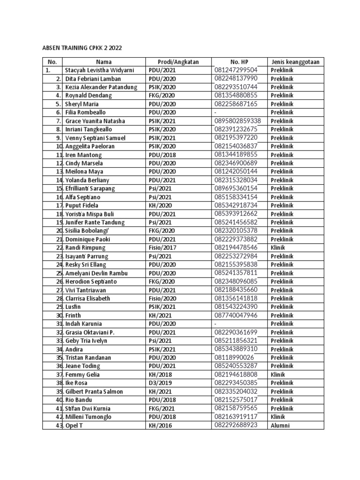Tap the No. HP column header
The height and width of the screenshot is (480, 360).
pos(239,61)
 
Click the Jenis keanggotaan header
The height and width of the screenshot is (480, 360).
pos(296,61)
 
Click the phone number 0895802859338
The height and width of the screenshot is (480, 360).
pos(238,121)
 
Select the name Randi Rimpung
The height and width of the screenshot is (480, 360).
pos(85,248)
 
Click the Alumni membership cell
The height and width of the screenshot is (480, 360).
pos(280,426)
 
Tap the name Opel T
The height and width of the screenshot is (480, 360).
pos(74,426)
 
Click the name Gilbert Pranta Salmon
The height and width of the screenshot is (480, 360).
pos(94,391)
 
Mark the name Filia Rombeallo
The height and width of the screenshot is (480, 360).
pos(86,112)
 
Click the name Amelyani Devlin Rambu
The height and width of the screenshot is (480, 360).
pos(97,273)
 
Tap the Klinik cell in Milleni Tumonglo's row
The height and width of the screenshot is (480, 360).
pos(278,417)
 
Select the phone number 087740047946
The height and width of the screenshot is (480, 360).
pos(236,315)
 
